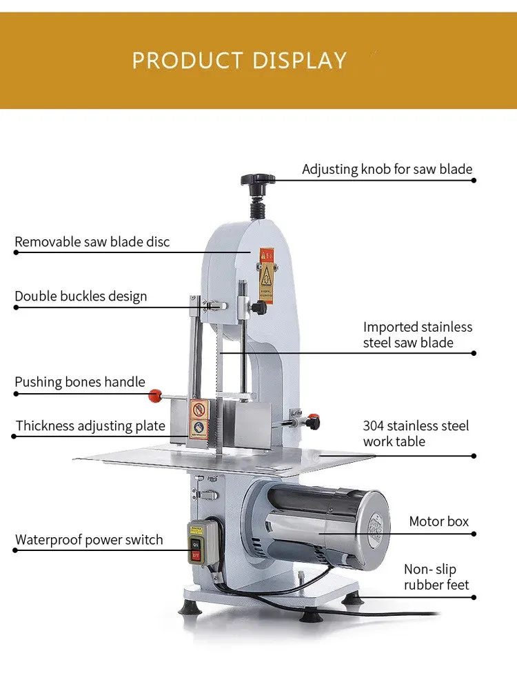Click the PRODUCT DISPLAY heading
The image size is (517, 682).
click(x=239, y=60)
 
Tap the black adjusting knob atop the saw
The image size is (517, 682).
click(x=258, y=180)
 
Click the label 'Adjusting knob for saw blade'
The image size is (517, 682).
click(x=387, y=169)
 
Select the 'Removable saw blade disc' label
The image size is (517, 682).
click(x=92, y=242)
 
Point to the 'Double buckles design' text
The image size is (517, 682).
click(x=81, y=297)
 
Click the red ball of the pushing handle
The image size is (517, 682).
click(x=155, y=396)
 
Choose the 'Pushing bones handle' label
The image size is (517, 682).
click(x=80, y=382)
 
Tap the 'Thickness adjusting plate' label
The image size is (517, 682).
click(x=90, y=425)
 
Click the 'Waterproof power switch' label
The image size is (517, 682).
click(x=89, y=539)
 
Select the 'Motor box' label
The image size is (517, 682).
click(x=438, y=521)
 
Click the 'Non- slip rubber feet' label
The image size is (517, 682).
click(x=436, y=577)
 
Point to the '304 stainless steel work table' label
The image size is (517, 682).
click(x=416, y=434)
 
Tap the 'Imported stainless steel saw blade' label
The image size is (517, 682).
click(x=418, y=334)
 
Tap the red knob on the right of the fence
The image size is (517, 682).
click(x=314, y=419)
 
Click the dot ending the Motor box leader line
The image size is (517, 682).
click(x=474, y=533)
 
